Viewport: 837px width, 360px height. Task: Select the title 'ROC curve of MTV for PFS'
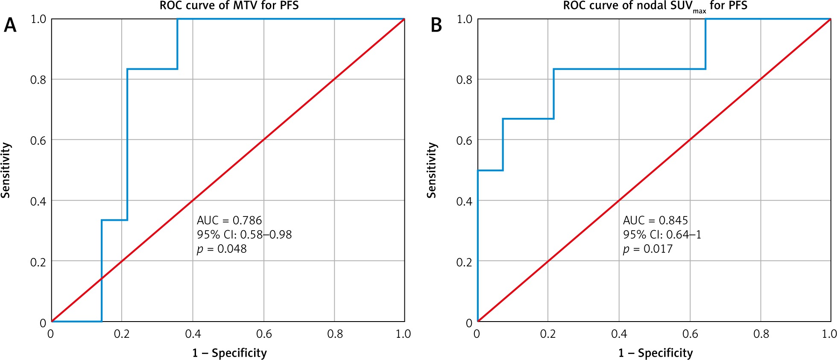pos(229,6)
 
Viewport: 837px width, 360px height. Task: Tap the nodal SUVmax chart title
pos(655,6)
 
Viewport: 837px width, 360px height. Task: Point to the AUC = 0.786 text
pos(229,220)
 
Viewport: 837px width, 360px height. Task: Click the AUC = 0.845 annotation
pos(656,220)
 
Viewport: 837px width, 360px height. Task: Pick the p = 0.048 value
pos(222,249)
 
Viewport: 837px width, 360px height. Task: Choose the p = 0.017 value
pos(648,249)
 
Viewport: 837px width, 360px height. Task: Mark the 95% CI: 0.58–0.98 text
pos(244,234)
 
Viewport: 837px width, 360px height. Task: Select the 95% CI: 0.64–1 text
pos(662,234)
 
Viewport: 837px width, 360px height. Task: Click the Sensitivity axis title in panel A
pos(6,170)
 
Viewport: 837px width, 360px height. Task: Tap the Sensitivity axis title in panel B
pos(432,170)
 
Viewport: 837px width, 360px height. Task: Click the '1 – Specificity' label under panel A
pos(229,353)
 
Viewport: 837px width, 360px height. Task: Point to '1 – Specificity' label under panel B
pos(656,353)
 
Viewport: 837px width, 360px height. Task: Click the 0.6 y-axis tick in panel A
pos(38,140)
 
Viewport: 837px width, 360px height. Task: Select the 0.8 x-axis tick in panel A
pos(335,334)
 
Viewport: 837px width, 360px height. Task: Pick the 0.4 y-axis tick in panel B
pos(464,201)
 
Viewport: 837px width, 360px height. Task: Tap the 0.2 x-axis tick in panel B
pos(548,334)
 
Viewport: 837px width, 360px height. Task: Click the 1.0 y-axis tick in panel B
pos(464,19)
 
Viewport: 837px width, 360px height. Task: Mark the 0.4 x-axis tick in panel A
pos(193,334)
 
